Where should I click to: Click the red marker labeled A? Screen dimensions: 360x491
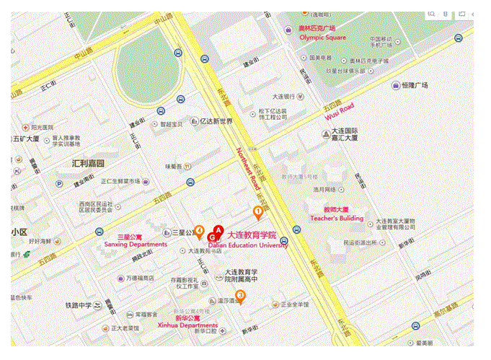click(218, 229)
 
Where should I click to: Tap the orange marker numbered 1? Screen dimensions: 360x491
click(258, 211)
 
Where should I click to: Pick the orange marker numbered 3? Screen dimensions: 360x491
click(240, 295)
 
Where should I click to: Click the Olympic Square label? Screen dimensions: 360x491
click(322, 37)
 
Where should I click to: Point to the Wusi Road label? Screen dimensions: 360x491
click(337, 113)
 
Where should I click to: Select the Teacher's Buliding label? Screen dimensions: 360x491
click(337, 217)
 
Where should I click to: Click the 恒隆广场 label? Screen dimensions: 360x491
click(415, 85)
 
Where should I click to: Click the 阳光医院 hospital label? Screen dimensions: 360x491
click(37, 127)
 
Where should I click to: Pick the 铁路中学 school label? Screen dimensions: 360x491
click(78, 305)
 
